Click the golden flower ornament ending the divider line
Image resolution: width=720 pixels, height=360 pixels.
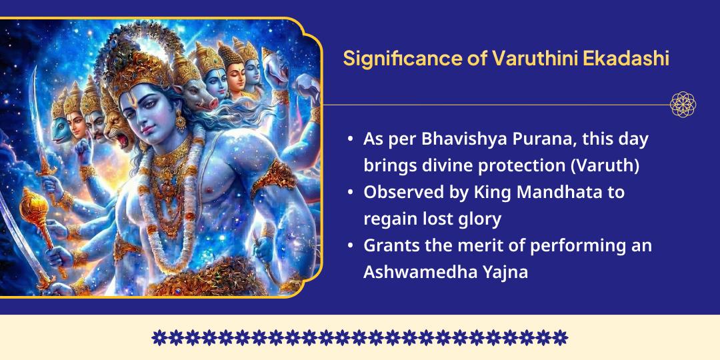(x=683, y=105)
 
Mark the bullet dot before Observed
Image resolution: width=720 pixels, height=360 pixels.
(x=351, y=193)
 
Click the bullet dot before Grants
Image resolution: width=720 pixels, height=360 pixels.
(x=351, y=246)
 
